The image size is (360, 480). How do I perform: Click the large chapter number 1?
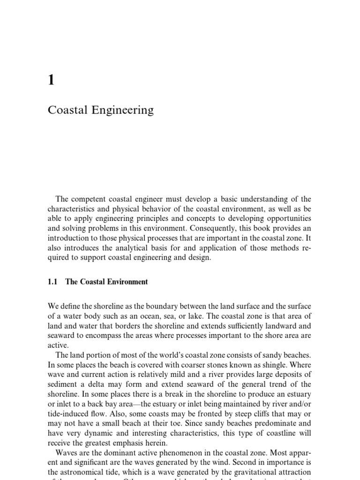51,81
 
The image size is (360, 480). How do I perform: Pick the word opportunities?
287,220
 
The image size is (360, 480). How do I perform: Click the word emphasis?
133,444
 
